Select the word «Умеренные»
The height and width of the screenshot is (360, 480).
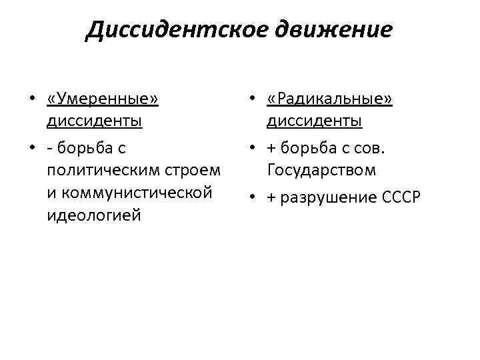pyautogui.click(x=103, y=99)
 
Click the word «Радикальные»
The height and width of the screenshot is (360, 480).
pyautogui.click(x=330, y=99)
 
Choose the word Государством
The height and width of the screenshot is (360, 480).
pyautogui.click(x=321, y=170)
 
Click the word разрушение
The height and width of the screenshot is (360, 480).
pyautogui.click(x=329, y=197)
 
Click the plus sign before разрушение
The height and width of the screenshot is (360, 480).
pyautogui.click(x=272, y=198)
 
